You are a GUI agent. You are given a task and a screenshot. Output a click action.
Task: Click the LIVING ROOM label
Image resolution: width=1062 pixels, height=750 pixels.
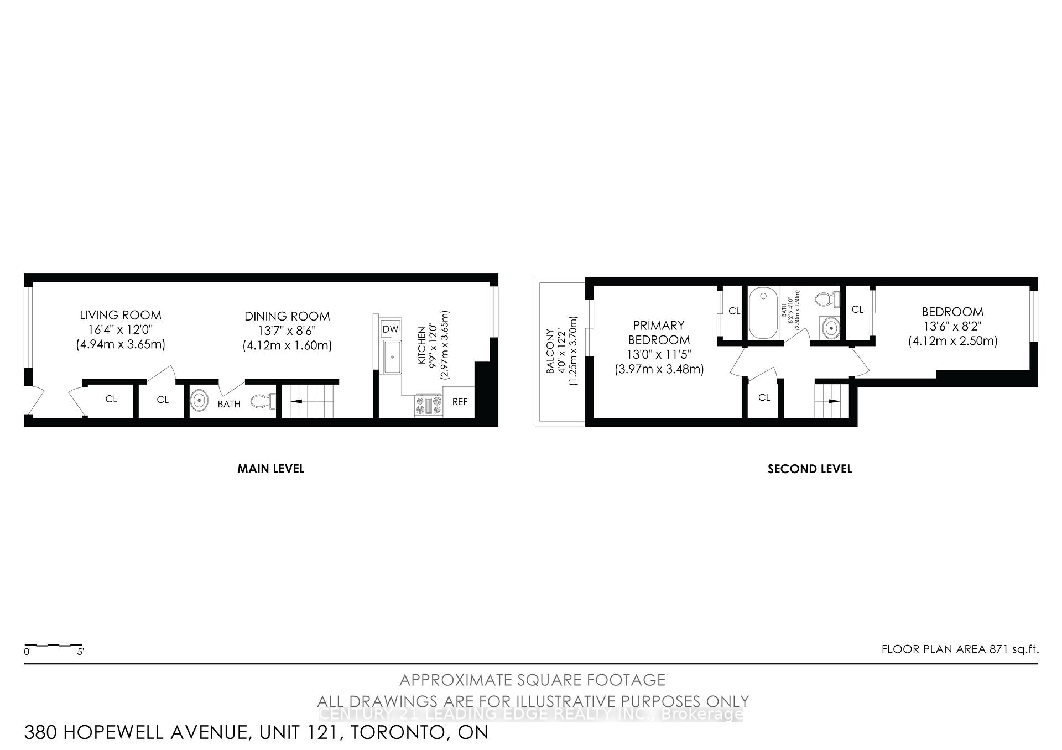coord(121,315)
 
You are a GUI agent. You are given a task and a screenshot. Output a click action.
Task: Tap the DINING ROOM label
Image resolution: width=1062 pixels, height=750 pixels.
coord(287,316)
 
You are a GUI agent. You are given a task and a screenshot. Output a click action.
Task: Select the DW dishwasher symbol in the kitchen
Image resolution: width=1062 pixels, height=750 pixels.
coord(391,329)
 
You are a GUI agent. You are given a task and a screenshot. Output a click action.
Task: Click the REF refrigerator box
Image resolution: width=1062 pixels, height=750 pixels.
coord(459,402)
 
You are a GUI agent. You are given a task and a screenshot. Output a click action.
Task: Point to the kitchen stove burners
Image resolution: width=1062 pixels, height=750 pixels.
coord(429,406)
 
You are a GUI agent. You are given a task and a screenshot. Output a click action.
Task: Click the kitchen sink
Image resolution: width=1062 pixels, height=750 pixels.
coord(393,357)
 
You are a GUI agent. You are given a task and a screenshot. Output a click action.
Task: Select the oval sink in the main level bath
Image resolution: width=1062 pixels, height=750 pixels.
coord(199,400)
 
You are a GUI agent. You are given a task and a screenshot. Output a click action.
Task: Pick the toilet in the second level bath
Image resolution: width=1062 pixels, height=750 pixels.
coord(826,300)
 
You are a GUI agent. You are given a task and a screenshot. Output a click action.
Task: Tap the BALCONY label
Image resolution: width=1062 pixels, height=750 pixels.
coord(550,352)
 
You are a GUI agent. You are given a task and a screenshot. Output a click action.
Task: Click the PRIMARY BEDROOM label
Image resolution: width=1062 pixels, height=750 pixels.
coord(659,333)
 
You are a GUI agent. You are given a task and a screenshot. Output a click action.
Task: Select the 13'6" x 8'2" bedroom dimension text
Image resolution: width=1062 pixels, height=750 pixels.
coord(952,327)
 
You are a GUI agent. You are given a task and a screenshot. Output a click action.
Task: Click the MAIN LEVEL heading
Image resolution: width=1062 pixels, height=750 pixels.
coord(270,469)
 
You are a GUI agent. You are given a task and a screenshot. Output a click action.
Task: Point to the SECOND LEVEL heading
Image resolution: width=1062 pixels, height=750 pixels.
coord(809,469)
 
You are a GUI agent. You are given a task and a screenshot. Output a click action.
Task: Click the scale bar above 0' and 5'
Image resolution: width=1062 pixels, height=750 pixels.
coord(53,645)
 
